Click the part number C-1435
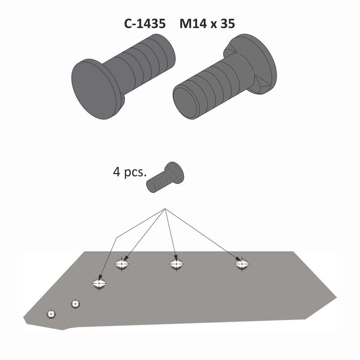point(144,24)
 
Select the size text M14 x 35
point(207,24)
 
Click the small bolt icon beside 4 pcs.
point(166,178)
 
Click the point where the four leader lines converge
point(165,209)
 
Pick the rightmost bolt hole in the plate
point(242,263)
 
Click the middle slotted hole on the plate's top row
point(176,264)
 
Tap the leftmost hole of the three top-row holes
point(122,264)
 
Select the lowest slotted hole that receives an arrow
point(99,283)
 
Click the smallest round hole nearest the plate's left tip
point(51,314)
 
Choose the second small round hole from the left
point(75,303)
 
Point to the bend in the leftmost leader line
point(116,238)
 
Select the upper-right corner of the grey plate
point(293,252)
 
